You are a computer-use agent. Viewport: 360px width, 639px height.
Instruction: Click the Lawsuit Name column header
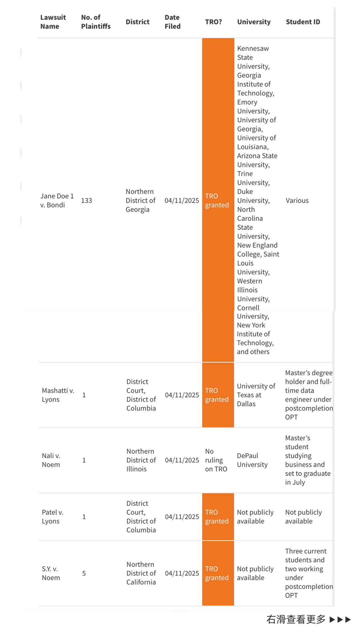(53, 22)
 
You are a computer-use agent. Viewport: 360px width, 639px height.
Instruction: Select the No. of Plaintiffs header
(95, 22)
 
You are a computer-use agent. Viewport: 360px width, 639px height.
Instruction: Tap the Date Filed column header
(172, 22)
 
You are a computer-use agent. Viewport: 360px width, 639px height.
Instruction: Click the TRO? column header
(213, 22)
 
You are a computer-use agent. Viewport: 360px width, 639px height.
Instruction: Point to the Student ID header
(303, 22)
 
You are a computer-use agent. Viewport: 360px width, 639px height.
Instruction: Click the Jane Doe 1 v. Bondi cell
(57, 201)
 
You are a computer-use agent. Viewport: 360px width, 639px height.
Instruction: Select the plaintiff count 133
(86, 201)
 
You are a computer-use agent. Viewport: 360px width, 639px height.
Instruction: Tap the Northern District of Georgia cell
(140, 201)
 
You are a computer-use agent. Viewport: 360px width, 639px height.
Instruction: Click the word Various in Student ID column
(297, 201)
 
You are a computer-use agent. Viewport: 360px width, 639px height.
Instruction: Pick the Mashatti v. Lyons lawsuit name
(58, 395)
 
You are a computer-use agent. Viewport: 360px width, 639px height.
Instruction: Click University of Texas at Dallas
(256, 395)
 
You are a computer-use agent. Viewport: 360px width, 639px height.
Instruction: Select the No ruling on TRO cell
(216, 460)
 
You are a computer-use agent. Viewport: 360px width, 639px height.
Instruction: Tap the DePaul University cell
(252, 460)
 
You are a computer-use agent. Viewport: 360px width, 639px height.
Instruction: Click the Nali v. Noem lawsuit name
(51, 460)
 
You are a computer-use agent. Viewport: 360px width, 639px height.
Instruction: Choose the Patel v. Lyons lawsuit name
(52, 517)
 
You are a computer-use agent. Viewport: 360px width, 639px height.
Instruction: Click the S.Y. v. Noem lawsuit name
(51, 573)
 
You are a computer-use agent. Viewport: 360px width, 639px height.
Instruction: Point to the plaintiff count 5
(84, 573)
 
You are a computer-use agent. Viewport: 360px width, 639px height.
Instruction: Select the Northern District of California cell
(141, 573)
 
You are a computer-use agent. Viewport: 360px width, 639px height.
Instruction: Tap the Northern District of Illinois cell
(141, 460)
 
